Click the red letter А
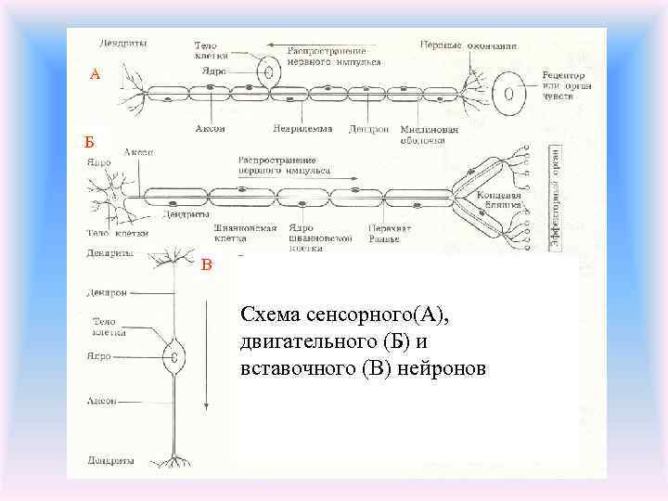tap(95, 74)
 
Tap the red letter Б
tap(89, 141)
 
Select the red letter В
tap(207, 266)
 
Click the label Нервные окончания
tap(469, 45)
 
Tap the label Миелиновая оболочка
tap(429, 135)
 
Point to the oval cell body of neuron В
tap(173, 355)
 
